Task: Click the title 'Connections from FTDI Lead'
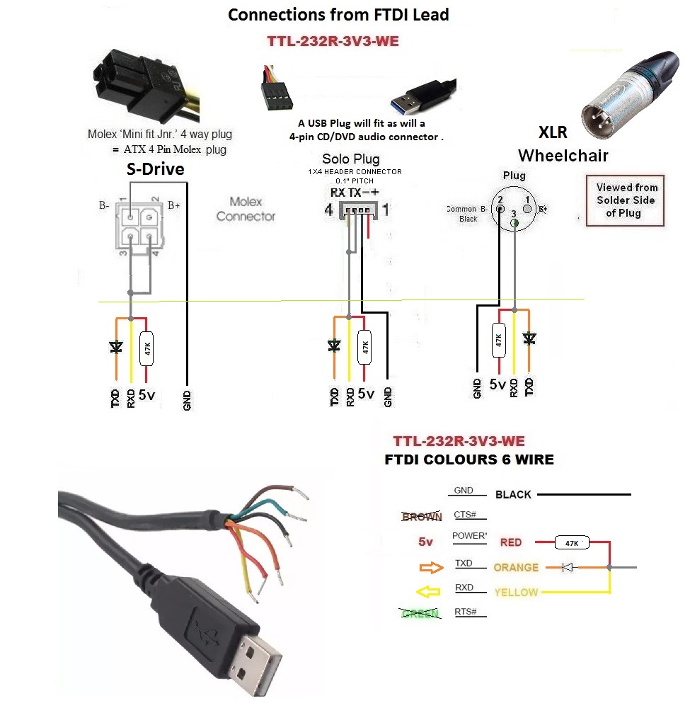(338, 15)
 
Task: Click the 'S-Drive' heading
(155, 169)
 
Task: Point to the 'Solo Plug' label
(350, 159)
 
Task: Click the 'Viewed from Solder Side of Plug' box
(626, 200)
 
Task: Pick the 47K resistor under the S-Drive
(146, 348)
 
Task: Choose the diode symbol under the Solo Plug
(334, 346)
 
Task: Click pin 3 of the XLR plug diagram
(514, 222)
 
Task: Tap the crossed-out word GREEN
(420, 613)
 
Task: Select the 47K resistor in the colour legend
(571, 543)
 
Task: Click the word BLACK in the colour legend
(513, 494)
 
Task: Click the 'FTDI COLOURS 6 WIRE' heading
(468, 459)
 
